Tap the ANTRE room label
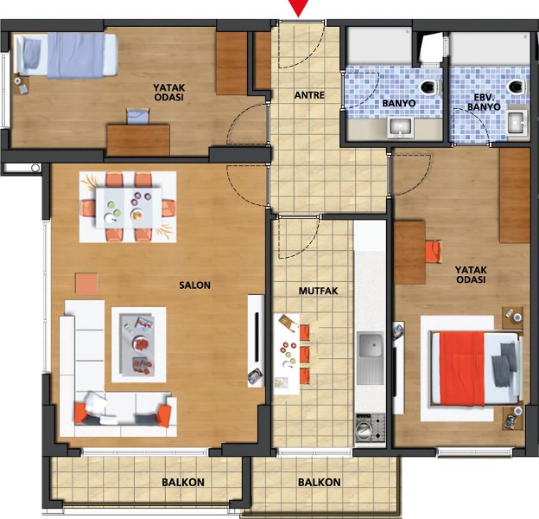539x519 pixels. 309,95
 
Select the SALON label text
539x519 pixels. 194,285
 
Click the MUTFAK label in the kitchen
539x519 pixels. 318,292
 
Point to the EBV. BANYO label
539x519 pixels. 484,102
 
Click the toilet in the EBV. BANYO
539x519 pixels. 516,86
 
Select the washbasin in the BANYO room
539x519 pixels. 401,127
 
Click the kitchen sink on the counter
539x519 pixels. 370,358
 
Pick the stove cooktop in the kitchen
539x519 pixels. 370,427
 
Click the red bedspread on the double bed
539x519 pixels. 461,368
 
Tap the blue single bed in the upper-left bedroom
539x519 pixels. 67,55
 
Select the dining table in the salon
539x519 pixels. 129,208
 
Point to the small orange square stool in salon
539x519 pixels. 86,284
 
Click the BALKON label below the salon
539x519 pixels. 183,482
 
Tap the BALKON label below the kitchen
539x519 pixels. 320,482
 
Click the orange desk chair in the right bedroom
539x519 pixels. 433,252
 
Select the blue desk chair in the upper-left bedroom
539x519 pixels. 138,116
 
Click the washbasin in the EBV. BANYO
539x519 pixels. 517,122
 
